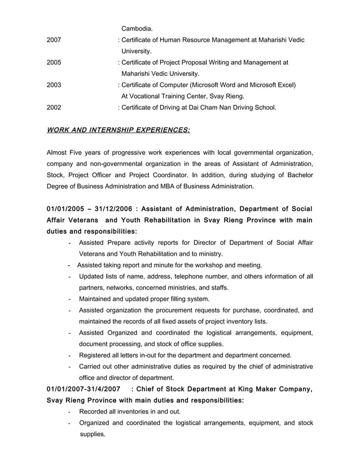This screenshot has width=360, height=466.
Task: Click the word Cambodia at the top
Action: pyautogui.click(x=137, y=28)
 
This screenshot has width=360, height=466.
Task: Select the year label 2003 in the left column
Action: pyautogui.click(x=54, y=85)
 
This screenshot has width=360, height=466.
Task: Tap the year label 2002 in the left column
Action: pyautogui.click(x=54, y=107)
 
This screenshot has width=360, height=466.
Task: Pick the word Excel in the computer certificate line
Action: pyautogui.click(x=283, y=85)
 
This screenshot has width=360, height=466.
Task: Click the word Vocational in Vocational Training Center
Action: pyautogui.click(x=150, y=96)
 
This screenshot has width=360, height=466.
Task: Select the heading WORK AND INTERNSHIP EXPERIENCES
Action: pyautogui.click(x=118, y=130)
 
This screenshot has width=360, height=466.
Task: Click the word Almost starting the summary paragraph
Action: pyautogui.click(x=58, y=153)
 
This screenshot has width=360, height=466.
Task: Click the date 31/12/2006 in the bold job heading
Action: pyautogui.click(x=117, y=209)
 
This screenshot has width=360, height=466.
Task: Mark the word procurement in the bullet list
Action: pyautogui.click(x=182, y=310)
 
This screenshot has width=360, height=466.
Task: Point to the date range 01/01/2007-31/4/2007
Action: pyautogui.click(x=83, y=389)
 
